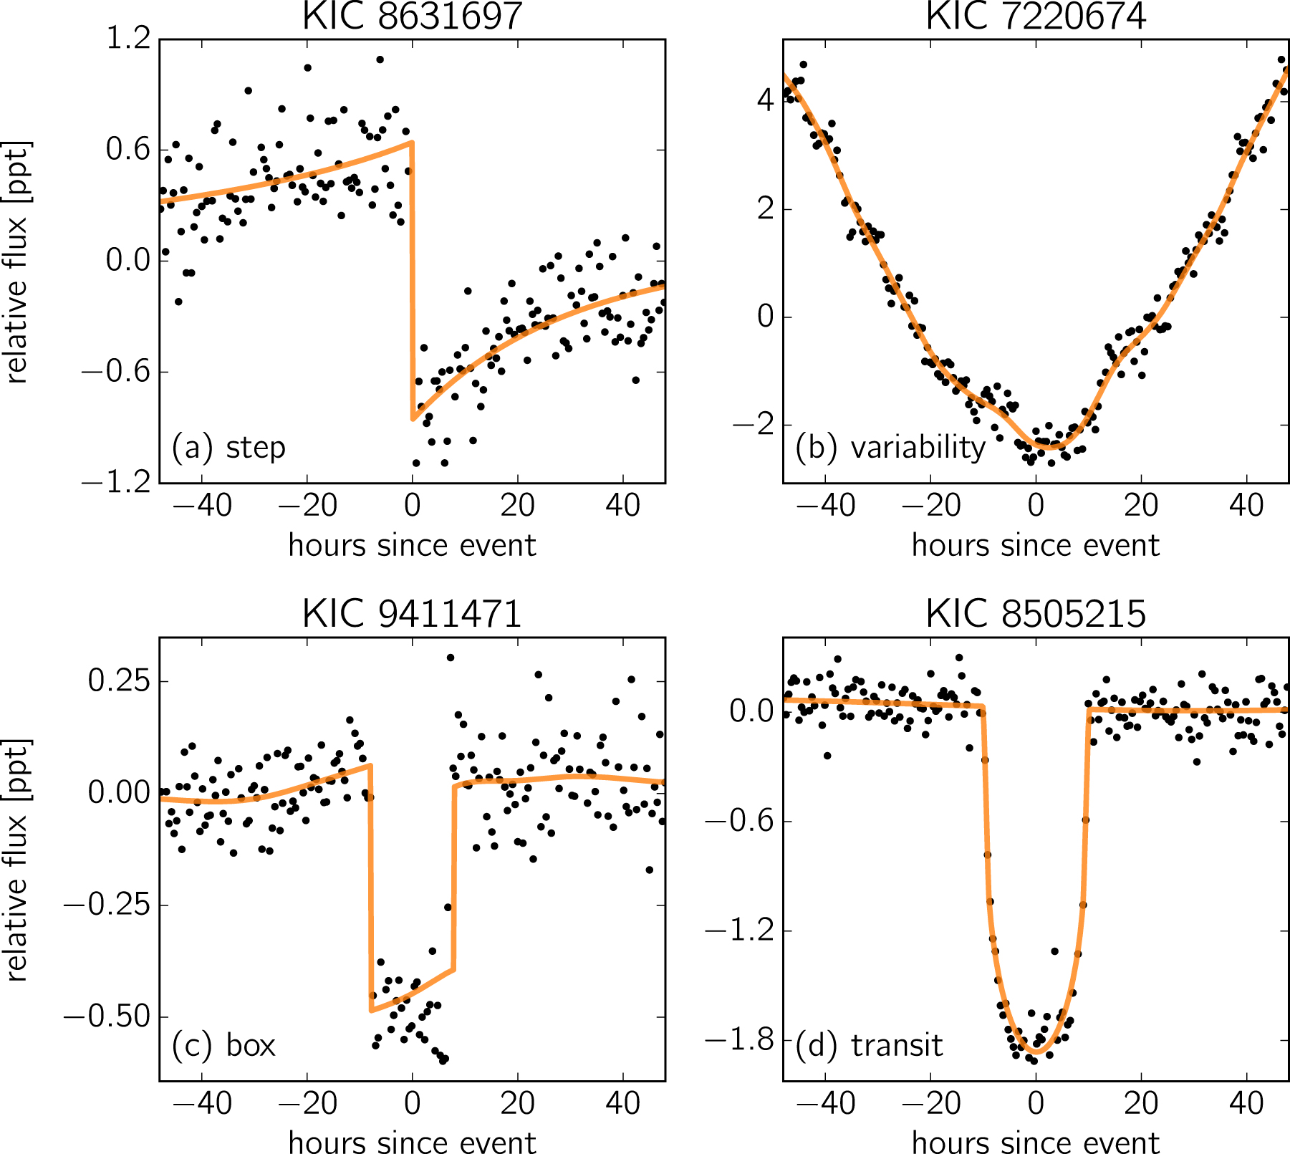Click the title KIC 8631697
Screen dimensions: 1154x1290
(412, 16)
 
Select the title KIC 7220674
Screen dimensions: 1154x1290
(1036, 16)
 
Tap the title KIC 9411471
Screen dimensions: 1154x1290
(412, 614)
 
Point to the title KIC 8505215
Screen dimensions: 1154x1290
(1036, 614)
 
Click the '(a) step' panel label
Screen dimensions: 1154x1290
(228, 448)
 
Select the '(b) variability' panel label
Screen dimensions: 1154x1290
(890, 448)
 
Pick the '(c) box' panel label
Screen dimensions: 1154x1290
(223, 1045)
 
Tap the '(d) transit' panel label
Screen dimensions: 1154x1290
(869, 1045)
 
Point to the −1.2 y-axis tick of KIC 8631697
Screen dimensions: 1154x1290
(118, 484)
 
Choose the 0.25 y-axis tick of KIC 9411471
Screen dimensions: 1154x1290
(119, 681)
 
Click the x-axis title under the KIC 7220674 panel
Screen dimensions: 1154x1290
(1035, 546)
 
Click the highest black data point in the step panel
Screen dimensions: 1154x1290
(380, 59)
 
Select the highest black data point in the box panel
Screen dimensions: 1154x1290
(451, 658)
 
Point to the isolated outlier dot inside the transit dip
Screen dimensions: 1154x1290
(1054, 951)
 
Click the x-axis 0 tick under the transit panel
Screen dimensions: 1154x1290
(1036, 1103)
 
